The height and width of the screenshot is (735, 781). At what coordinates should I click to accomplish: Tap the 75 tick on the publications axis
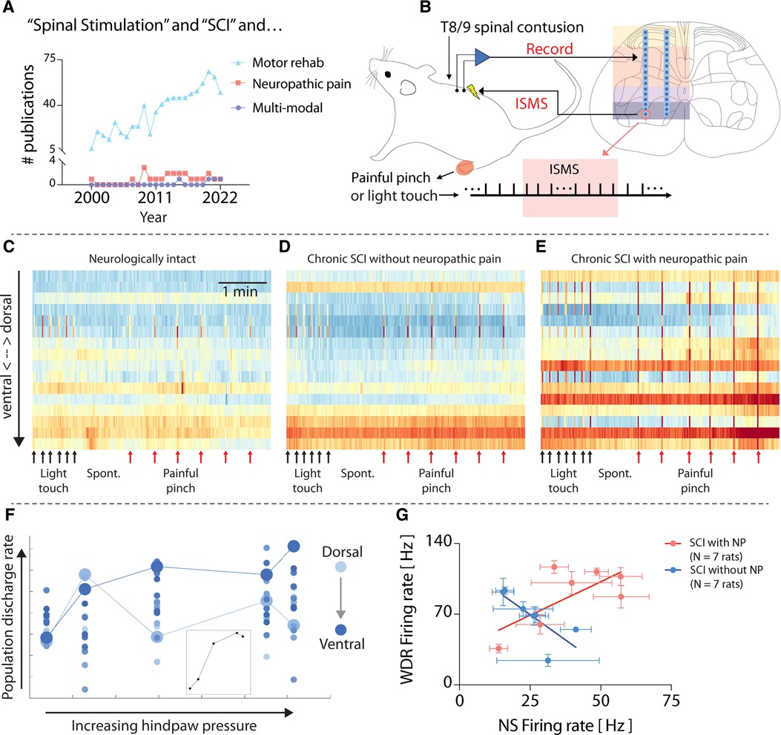50,59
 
